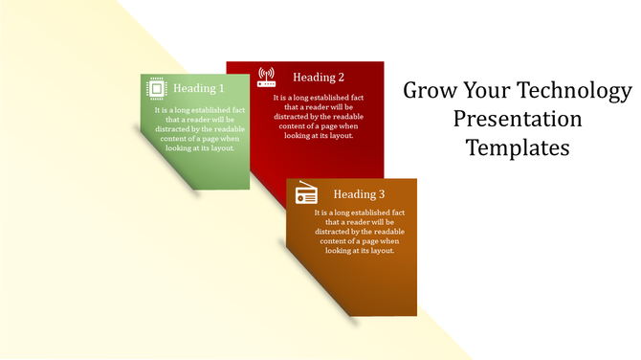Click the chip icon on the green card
point(156,89)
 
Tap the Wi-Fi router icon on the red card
point(266,77)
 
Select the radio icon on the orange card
point(306,192)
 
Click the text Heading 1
point(199,89)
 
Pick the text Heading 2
point(319,78)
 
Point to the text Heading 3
point(359,193)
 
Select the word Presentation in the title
point(518,120)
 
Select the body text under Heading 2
point(319,117)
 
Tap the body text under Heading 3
point(359,231)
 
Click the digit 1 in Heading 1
point(221,89)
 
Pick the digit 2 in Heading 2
point(341,78)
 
